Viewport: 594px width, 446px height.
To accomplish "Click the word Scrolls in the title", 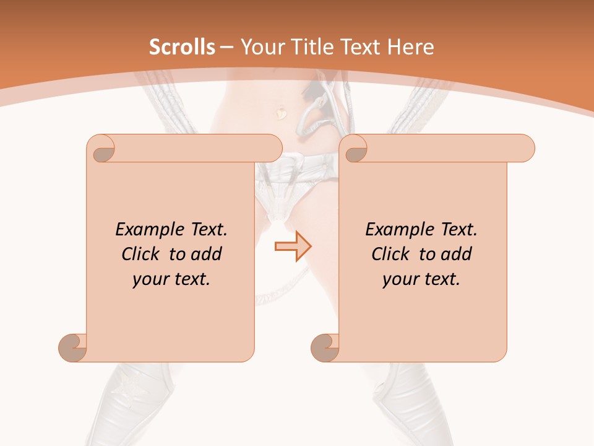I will (x=182, y=47).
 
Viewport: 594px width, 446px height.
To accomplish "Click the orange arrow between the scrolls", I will (x=293, y=247).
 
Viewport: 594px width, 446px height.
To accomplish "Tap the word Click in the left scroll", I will (x=142, y=254).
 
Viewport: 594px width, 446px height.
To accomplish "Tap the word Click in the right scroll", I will (x=392, y=254).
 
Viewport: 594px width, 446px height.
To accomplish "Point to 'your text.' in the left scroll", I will (x=171, y=279).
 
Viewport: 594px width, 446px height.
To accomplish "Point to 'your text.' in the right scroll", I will (x=421, y=279).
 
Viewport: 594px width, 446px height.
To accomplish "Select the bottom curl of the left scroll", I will (x=72, y=348).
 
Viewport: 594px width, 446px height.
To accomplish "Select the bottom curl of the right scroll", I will (x=325, y=348).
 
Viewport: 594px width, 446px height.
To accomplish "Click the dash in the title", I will (x=226, y=48).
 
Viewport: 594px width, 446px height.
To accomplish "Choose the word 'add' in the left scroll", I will (x=206, y=254).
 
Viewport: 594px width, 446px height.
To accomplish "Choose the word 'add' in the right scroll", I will (x=456, y=254).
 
